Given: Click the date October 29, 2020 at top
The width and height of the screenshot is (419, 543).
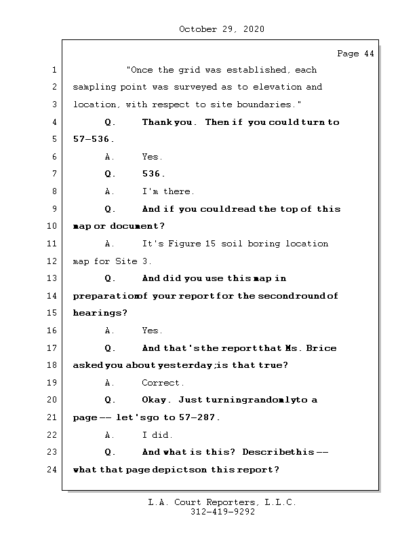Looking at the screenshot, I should click(x=222, y=29).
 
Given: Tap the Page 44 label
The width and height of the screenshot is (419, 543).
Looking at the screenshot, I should click(x=355, y=54).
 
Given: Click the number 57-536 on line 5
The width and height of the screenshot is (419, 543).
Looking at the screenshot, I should click(x=92, y=139).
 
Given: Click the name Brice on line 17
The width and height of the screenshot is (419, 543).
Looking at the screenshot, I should click(x=321, y=348).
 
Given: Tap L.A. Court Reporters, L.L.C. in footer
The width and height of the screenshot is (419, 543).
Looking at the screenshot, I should click(x=222, y=503).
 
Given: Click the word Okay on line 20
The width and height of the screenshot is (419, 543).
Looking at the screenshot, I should click(x=157, y=400).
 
